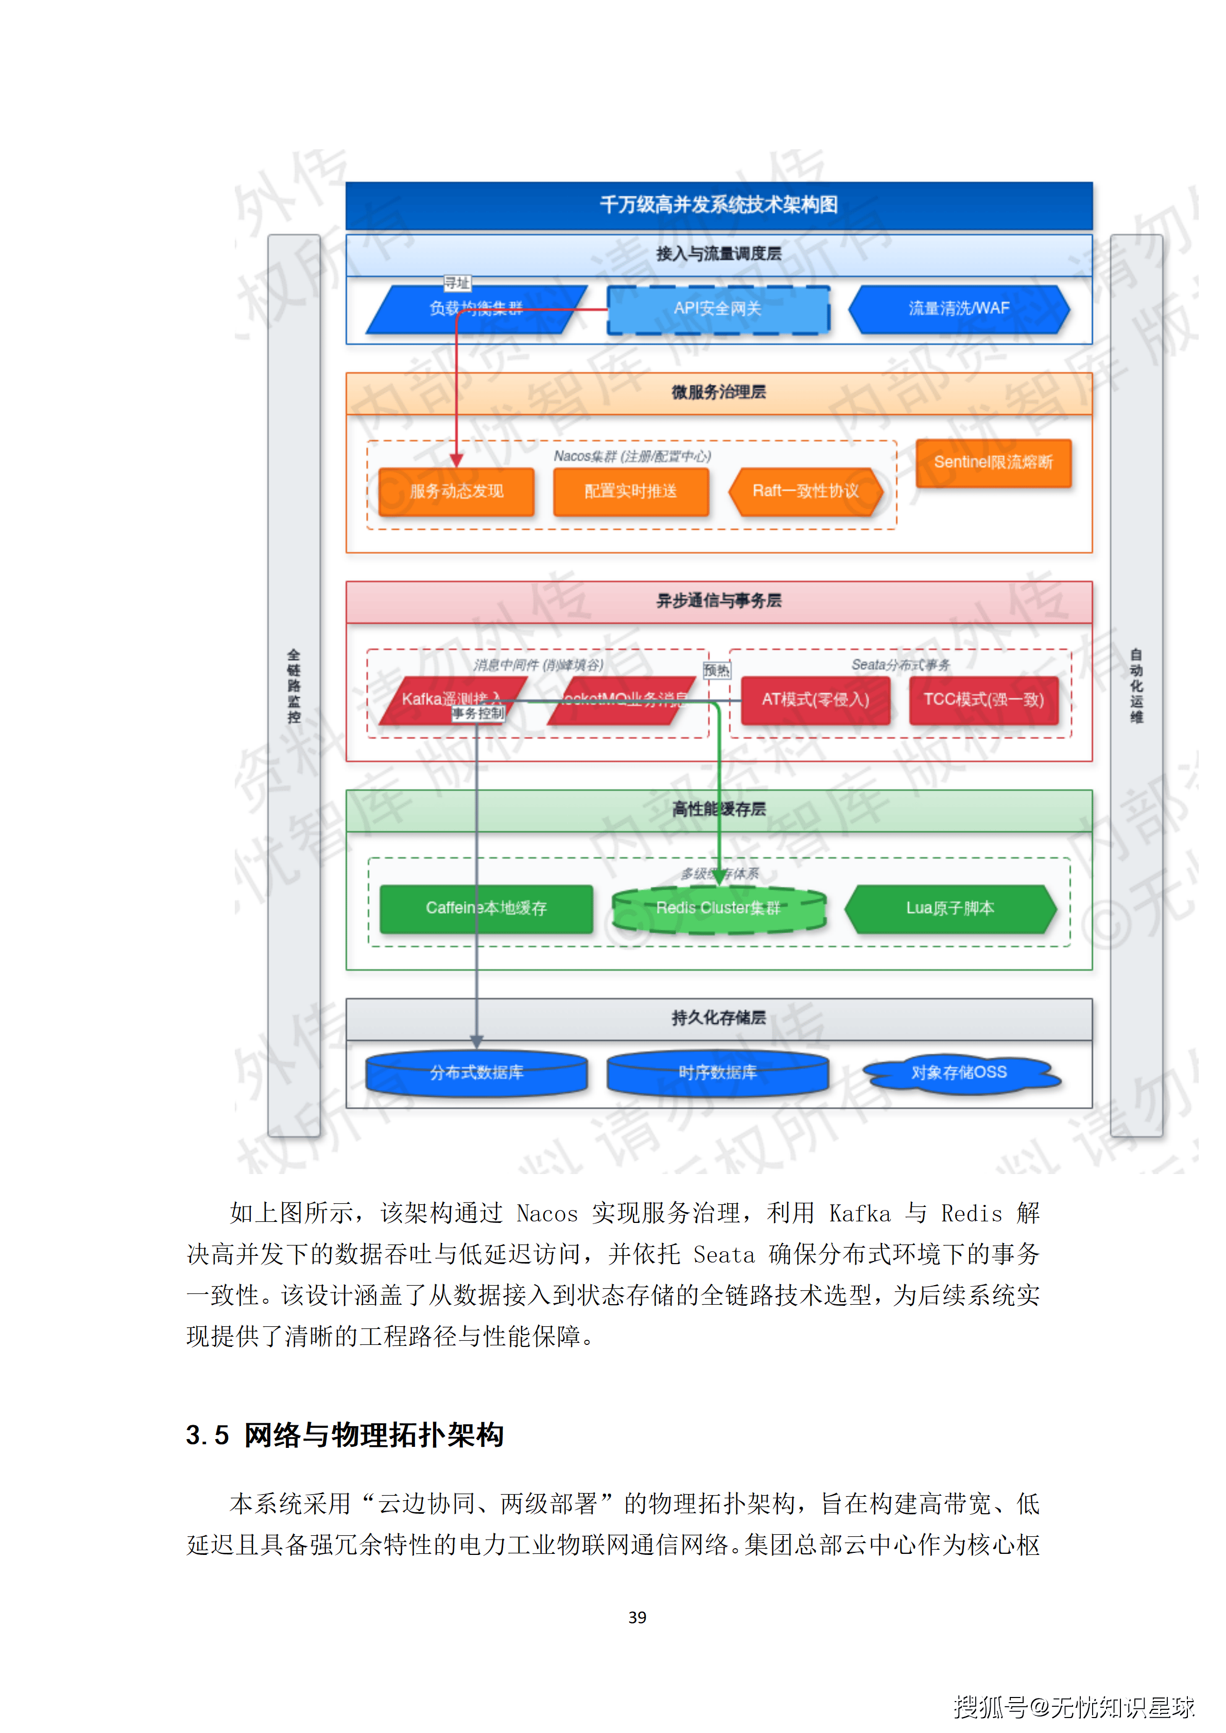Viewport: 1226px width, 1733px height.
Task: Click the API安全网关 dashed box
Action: click(x=718, y=309)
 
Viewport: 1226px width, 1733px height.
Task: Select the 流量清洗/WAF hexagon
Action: click(x=959, y=309)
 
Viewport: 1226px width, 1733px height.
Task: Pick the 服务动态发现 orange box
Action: click(x=456, y=492)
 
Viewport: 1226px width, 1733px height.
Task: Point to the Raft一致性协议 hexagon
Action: click(x=805, y=492)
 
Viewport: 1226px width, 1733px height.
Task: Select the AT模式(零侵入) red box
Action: click(x=815, y=699)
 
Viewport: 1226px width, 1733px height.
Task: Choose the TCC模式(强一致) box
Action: click(x=983, y=699)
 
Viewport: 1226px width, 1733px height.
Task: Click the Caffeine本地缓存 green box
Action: click(x=486, y=908)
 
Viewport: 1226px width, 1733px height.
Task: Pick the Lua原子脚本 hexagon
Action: click(x=951, y=908)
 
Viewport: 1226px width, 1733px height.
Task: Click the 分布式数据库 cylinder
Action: click(x=476, y=1073)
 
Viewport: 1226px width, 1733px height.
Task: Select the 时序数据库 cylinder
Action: click(x=717, y=1073)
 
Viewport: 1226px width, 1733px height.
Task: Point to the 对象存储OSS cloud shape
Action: click(x=959, y=1073)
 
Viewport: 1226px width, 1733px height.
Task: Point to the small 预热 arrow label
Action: click(x=716, y=670)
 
